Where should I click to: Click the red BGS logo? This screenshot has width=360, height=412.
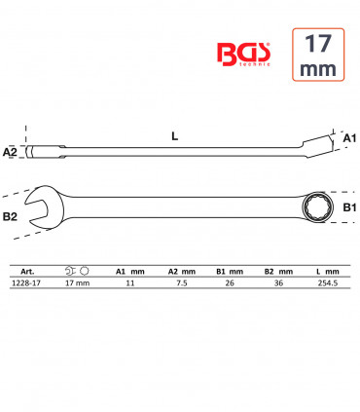pos(243,55)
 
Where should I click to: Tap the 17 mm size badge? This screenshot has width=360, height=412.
pos(318,55)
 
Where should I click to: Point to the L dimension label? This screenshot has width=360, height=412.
pos(175,136)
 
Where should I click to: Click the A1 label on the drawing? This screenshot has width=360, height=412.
pos(349,138)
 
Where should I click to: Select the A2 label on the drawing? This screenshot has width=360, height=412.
pos(10,152)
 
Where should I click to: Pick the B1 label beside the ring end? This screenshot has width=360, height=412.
pos(349,207)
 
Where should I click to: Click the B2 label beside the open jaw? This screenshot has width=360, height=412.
pos(10,216)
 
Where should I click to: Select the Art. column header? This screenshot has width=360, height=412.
pos(27,272)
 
